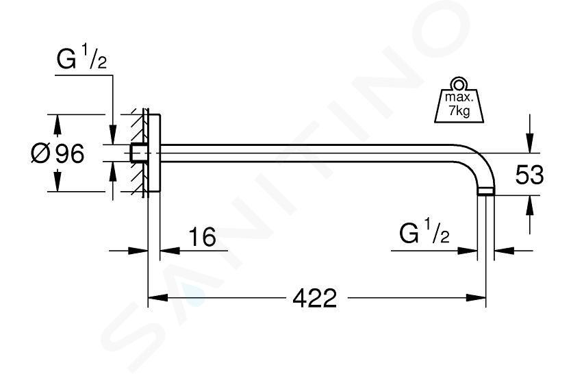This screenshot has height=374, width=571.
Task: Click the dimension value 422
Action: point(315,298)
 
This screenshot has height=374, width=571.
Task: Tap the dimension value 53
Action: point(529,175)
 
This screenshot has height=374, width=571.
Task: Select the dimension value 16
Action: point(202,237)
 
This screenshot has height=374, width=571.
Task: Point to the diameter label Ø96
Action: point(58,153)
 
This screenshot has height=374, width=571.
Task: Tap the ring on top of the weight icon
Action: point(459,84)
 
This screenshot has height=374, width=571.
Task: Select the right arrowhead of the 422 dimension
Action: point(476,298)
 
